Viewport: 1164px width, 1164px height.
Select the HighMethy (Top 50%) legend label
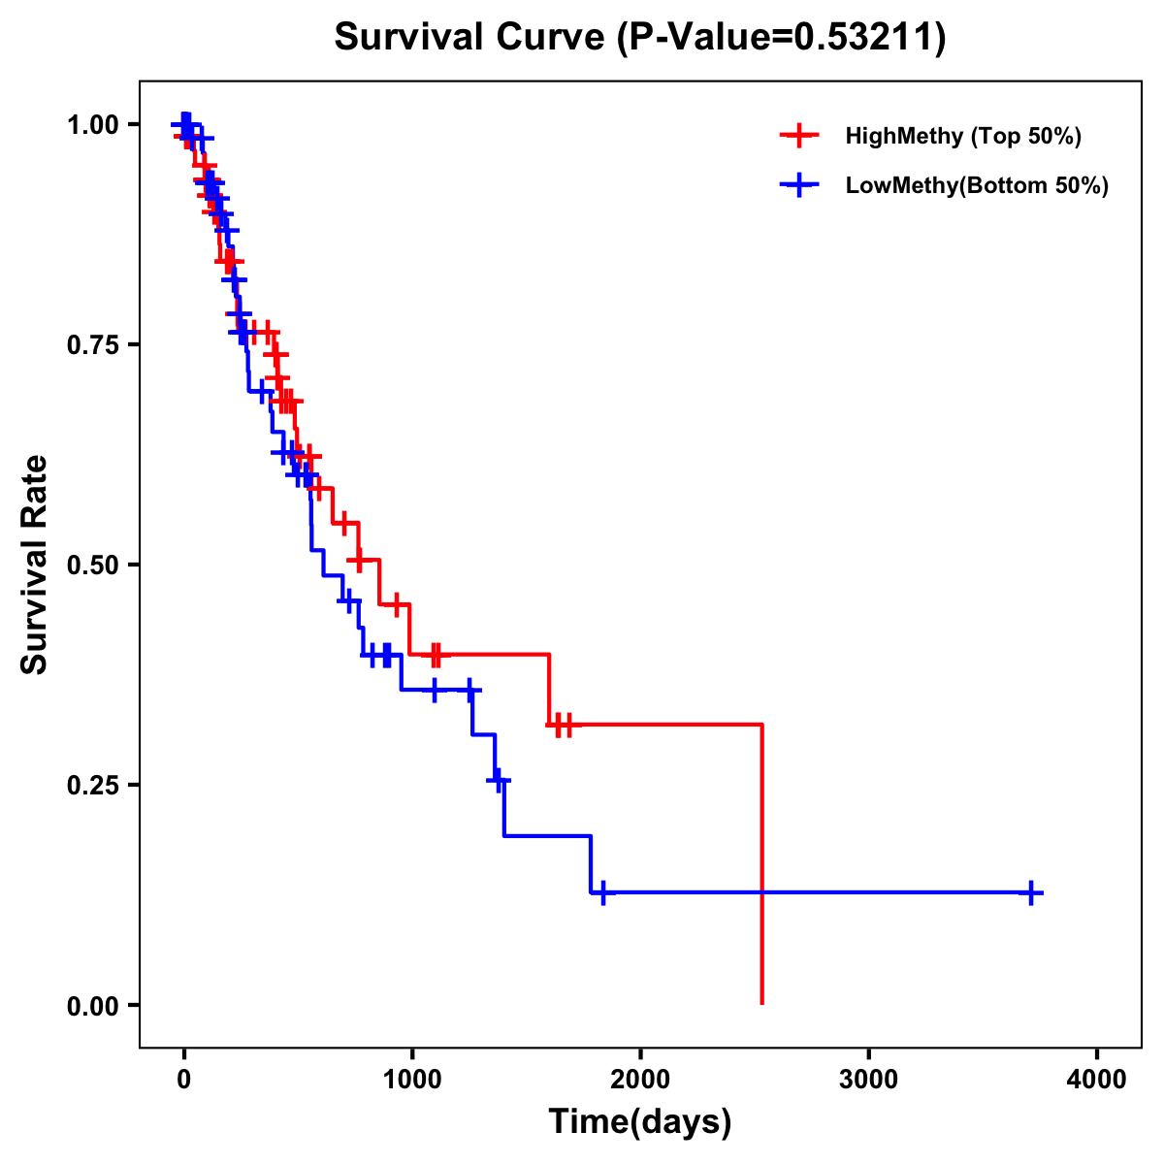(962, 136)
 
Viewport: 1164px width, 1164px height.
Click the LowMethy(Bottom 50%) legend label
(977, 186)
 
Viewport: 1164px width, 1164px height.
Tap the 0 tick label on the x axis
(183, 1080)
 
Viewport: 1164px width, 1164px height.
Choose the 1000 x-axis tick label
(411, 1080)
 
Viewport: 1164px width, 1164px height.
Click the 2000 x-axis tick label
(640, 1080)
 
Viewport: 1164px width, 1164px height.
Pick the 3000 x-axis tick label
(868, 1080)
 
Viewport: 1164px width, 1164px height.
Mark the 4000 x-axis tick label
(1096, 1080)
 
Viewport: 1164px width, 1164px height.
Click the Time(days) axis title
(640, 1122)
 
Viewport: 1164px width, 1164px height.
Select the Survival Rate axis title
(35, 565)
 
